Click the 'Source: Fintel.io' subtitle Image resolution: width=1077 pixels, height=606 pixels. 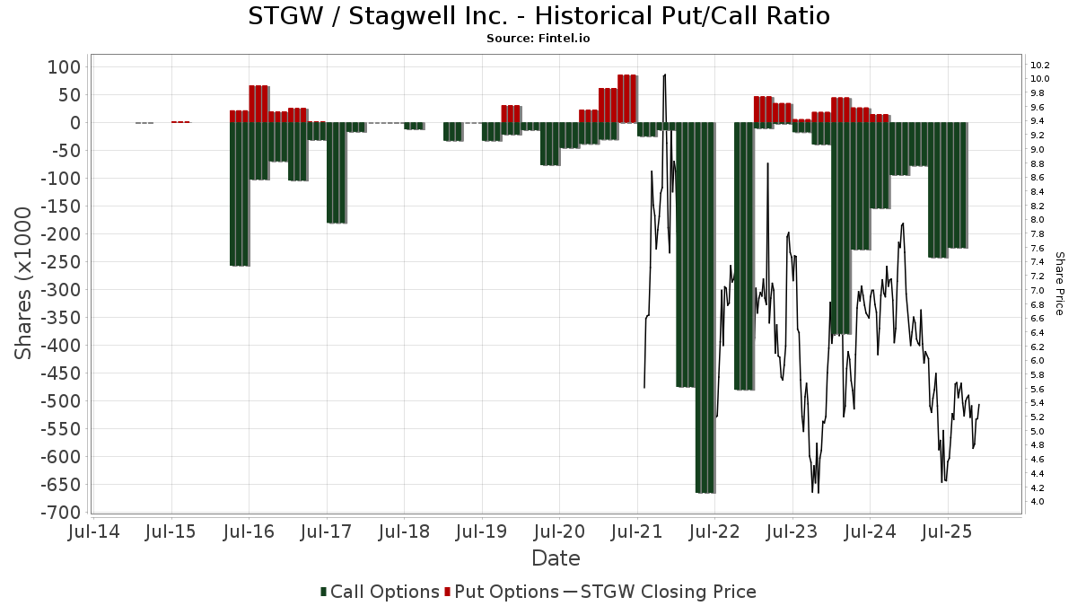[538, 39]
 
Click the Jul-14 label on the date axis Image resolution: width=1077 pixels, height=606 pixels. [93, 532]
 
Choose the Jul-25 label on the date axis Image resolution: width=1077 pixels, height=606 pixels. [947, 532]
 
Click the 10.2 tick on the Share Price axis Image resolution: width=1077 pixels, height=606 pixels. [1040, 66]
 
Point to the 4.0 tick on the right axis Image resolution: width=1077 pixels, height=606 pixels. [1038, 501]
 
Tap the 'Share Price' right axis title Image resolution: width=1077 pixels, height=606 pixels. [1059, 283]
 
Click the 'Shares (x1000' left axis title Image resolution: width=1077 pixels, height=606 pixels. [25, 283]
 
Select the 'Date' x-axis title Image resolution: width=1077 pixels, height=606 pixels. [556, 558]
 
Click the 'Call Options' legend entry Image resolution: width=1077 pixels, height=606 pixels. [380, 592]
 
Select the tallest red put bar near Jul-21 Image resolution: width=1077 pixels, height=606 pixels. [626, 99]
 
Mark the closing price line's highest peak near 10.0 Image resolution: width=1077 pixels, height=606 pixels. [665, 75]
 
